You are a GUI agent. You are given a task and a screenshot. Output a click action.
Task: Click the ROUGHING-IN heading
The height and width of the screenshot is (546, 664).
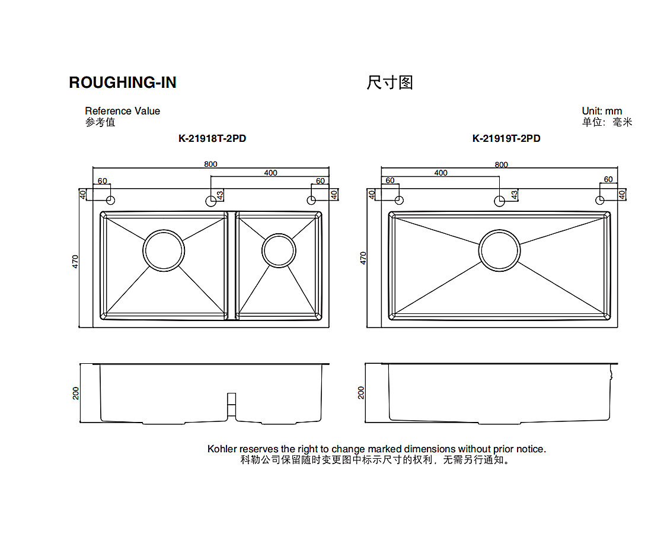pos(123,82)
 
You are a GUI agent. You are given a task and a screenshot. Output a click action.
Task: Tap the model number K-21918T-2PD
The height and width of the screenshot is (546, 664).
pos(212,138)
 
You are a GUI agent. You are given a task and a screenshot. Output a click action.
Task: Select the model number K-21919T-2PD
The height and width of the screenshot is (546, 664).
pos(506,138)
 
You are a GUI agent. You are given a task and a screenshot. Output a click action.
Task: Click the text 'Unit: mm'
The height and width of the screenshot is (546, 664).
pos(602,111)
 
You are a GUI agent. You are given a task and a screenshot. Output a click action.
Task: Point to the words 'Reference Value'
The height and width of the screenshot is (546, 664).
pos(122,111)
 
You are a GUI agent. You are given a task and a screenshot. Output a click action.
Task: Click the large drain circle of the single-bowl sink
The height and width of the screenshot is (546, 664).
pos(499,250)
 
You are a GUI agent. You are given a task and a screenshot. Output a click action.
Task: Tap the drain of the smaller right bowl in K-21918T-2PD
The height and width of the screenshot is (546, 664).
pos(279,250)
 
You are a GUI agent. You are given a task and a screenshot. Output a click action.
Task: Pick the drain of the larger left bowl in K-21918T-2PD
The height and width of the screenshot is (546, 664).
pos(163,250)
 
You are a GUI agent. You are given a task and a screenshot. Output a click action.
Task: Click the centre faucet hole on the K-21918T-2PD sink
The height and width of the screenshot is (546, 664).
pos(211,201)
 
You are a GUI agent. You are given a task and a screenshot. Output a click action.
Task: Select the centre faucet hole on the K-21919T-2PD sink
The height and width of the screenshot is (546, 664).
pos(500,201)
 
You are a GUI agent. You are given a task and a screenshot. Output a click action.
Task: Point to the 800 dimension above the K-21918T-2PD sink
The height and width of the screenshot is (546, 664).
pos(210,164)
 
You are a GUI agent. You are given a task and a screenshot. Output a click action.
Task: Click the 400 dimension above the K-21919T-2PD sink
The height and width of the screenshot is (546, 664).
pos(440,173)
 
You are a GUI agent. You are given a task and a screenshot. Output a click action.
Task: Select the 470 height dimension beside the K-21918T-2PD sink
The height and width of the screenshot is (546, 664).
pos(75,262)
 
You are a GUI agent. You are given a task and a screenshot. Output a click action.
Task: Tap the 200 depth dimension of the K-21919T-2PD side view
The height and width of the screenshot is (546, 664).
pos(362,392)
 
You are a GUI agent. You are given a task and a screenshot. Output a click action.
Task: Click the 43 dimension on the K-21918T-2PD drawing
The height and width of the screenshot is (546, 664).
pos(220,194)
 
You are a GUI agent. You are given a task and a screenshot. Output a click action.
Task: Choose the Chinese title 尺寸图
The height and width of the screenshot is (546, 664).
pos(390,82)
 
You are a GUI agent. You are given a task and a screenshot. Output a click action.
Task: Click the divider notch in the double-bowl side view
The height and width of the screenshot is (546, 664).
pos(232,404)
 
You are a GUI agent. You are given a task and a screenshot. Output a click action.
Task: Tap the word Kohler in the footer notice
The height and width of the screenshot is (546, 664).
pos(222,449)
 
